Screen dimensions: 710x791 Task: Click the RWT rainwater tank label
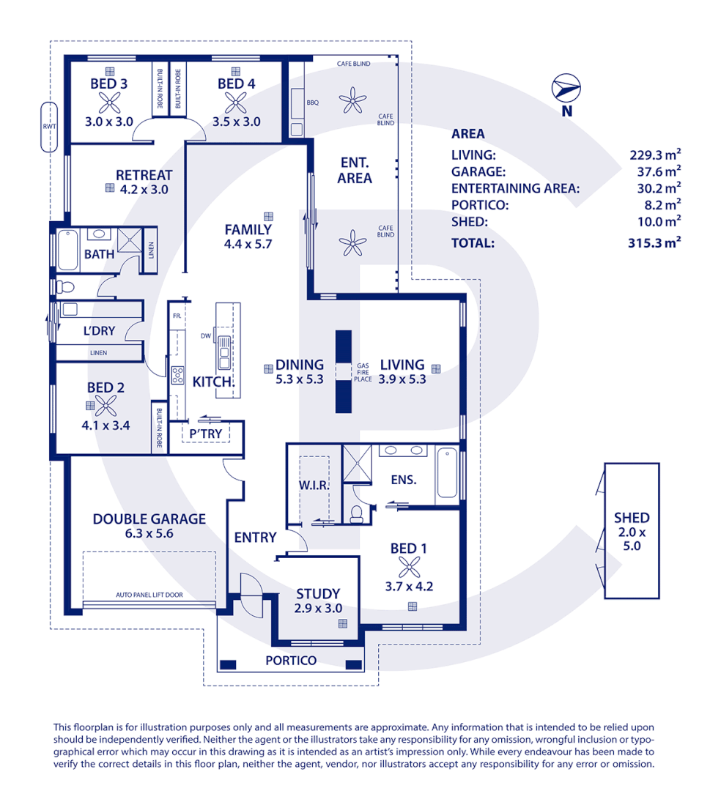point(49,126)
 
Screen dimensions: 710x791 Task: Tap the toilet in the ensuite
point(357,513)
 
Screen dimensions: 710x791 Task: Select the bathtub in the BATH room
point(69,250)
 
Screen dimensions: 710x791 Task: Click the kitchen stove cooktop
point(177,375)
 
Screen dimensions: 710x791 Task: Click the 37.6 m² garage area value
point(656,171)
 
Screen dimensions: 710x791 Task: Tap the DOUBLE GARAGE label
point(149,519)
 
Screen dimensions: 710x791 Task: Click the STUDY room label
point(317,593)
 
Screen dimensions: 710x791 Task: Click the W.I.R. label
point(314,485)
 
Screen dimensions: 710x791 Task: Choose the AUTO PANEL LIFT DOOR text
point(149,595)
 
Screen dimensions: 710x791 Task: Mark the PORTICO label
point(291,661)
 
